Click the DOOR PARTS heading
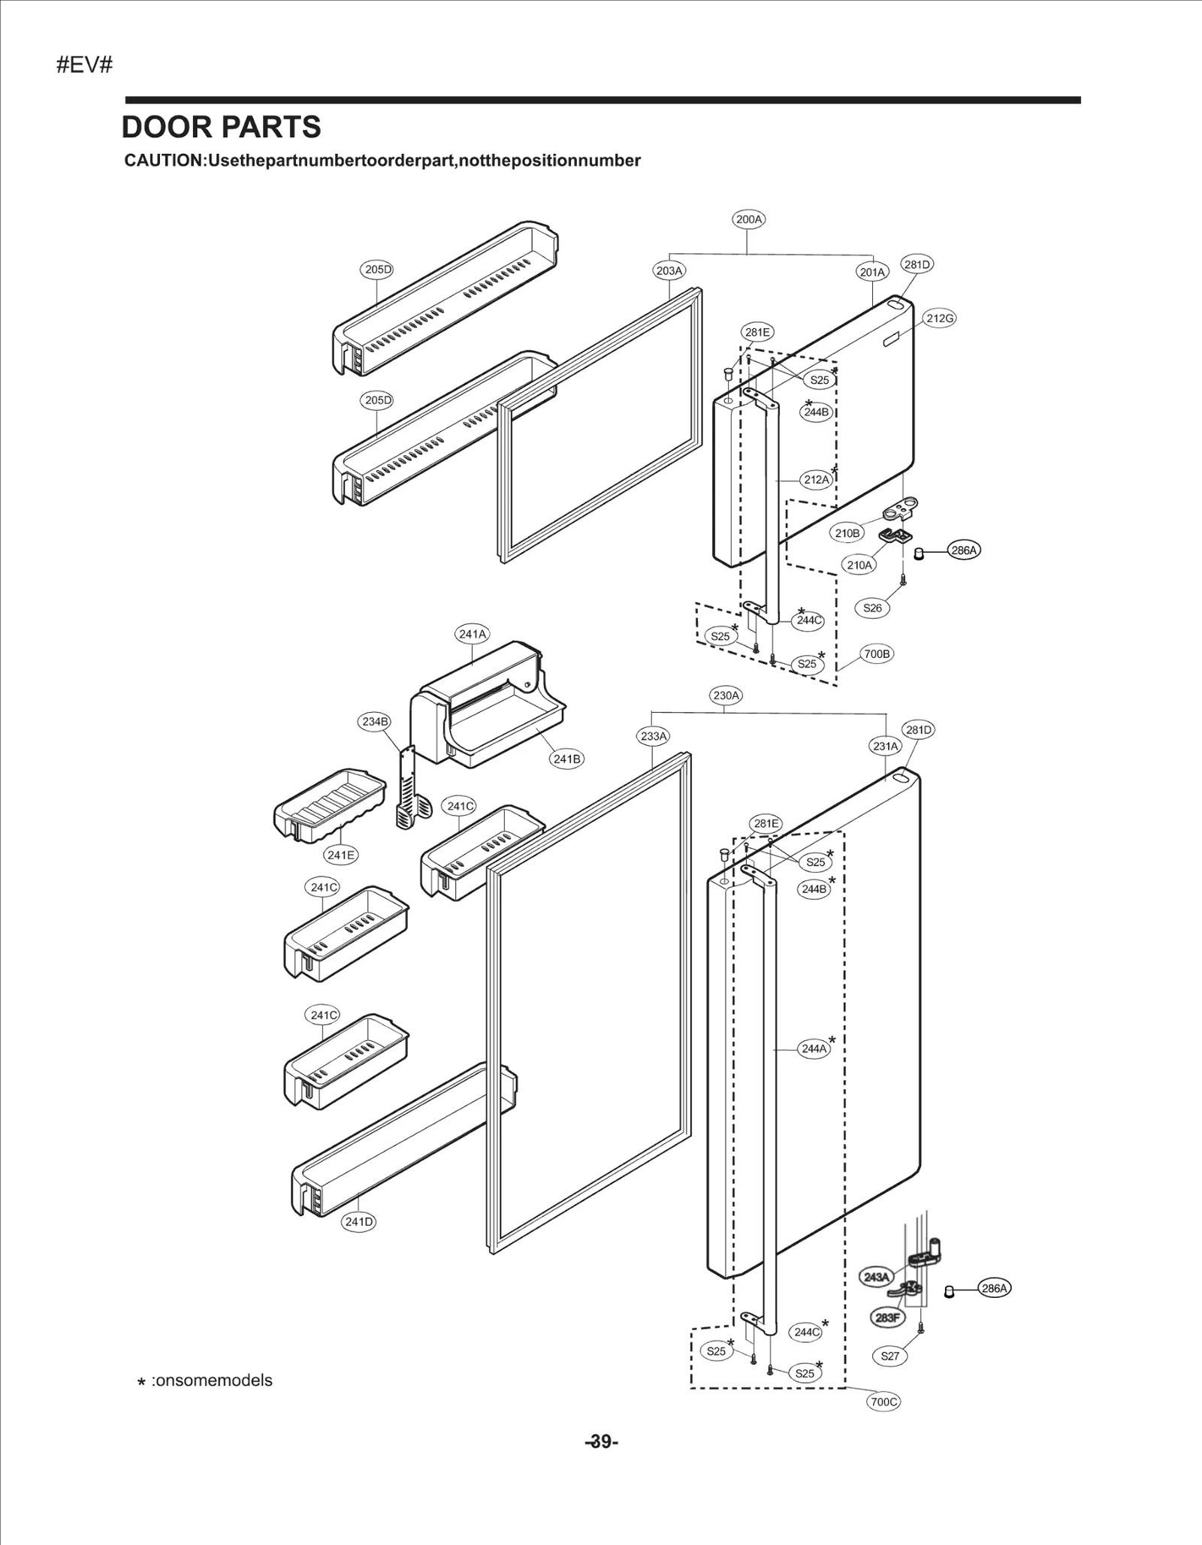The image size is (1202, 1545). click(x=221, y=128)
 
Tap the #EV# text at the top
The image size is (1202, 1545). click(x=84, y=65)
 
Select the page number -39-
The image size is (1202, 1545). click(x=601, y=1441)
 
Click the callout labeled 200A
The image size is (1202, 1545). click(x=748, y=219)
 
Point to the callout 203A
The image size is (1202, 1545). click(x=669, y=270)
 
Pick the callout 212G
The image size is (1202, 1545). click(x=940, y=318)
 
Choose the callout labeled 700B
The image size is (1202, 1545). click(x=877, y=653)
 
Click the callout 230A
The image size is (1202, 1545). click(x=726, y=696)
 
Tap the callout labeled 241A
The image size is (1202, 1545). click(x=473, y=634)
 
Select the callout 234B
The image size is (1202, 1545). click(x=376, y=722)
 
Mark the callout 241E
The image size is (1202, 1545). click(x=340, y=855)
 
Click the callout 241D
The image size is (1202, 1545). click(x=359, y=1222)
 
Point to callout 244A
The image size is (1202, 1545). click(x=814, y=1049)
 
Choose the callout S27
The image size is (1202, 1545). click(x=889, y=1356)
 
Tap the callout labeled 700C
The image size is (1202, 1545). click(x=883, y=1402)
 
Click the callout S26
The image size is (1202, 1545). click(x=872, y=608)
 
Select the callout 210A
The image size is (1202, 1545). click(x=859, y=565)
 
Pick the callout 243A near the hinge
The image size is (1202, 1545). click(x=876, y=1277)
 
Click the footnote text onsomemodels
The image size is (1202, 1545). click(x=211, y=1381)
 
